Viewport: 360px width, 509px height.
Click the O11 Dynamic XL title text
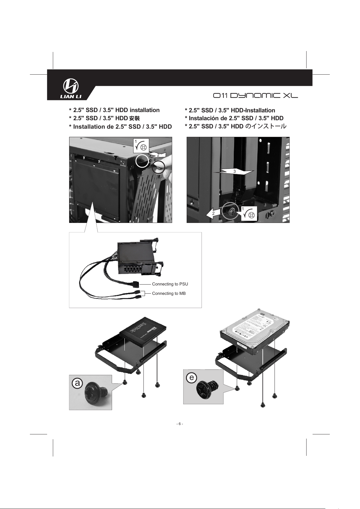click(x=255, y=96)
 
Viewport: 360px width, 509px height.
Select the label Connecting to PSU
click(x=170, y=284)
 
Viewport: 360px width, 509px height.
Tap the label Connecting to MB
click(x=169, y=294)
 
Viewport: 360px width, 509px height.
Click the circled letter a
click(x=77, y=383)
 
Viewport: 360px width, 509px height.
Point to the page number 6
click(x=180, y=424)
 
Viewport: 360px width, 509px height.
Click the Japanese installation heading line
click(x=235, y=126)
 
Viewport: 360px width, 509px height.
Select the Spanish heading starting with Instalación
click(x=234, y=118)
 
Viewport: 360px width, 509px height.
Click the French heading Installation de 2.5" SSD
click(x=120, y=127)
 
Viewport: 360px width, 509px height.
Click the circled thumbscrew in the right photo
click(x=231, y=211)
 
